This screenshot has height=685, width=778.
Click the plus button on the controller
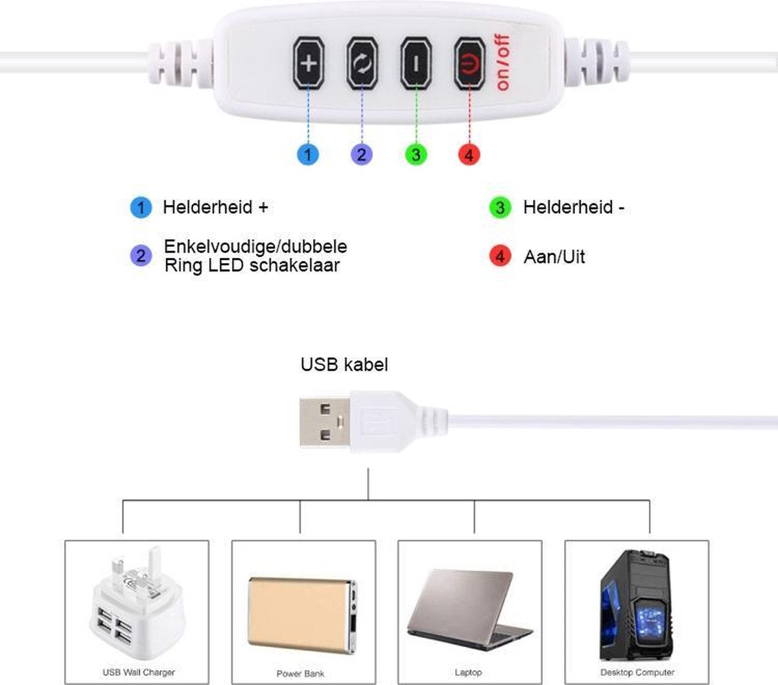(309, 64)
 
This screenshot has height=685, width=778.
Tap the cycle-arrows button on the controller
(362, 64)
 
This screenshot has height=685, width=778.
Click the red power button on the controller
(469, 64)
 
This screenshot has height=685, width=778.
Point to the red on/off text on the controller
(503, 62)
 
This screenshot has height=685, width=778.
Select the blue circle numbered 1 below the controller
(308, 154)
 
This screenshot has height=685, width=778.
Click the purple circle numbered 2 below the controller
(361, 154)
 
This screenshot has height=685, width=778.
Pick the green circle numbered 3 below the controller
(416, 154)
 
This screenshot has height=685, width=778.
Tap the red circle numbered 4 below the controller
(469, 154)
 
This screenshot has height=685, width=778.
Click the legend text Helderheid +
(215, 207)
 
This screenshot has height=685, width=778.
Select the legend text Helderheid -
(574, 207)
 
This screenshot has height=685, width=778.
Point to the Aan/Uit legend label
(554, 257)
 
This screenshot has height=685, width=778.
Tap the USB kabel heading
(344, 364)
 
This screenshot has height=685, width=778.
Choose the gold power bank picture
(303, 612)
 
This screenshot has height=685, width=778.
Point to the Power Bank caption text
(300, 673)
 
